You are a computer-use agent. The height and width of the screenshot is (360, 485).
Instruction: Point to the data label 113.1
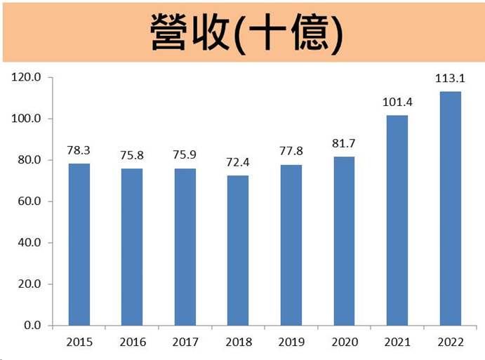pos(451,79)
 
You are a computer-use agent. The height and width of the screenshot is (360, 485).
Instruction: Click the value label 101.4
pos(397,102)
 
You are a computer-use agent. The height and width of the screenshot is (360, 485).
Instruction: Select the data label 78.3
pos(79,150)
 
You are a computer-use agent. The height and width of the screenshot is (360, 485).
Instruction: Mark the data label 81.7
pos(344,144)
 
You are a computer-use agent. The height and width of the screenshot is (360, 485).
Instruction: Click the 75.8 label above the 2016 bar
pos(132,155)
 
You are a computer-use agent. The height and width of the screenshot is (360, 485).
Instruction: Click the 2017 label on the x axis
pos(185,342)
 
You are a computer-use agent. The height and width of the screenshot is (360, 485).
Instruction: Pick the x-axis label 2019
pos(291,342)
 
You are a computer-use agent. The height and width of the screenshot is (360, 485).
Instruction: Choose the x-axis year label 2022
pos(451,342)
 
